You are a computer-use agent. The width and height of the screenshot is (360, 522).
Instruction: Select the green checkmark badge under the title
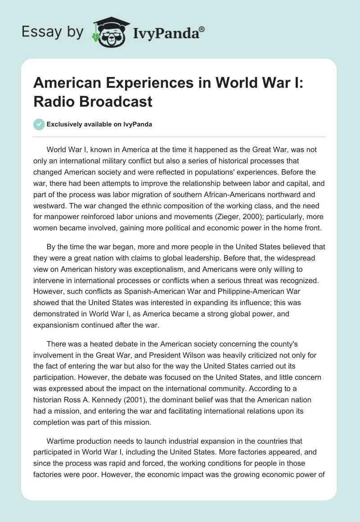[x=39, y=124]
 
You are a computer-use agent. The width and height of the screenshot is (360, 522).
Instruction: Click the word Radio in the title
[x=55, y=101]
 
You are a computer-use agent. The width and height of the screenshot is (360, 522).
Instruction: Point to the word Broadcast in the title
[x=114, y=101]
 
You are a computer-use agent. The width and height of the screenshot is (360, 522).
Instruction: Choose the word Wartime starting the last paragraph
[x=60, y=442]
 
